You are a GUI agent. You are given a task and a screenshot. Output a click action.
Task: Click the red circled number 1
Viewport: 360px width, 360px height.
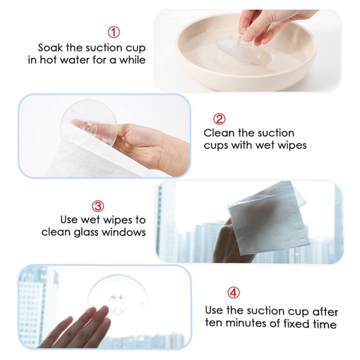(114, 32)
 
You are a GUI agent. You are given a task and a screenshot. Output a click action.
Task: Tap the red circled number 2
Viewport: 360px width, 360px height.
(219, 119)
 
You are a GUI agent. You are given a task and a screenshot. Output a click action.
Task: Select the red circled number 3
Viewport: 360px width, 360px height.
(98, 206)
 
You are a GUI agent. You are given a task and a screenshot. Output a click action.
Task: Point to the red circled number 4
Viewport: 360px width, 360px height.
(234, 293)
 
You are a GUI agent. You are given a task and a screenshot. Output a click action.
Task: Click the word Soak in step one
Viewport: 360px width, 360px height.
(50, 48)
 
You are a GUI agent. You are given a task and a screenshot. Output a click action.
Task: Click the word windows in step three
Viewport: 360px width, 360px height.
(124, 232)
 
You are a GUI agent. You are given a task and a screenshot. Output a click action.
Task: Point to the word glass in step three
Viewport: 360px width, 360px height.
(87, 233)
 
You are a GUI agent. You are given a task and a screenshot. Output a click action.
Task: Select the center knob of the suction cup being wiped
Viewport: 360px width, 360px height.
(89, 126)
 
